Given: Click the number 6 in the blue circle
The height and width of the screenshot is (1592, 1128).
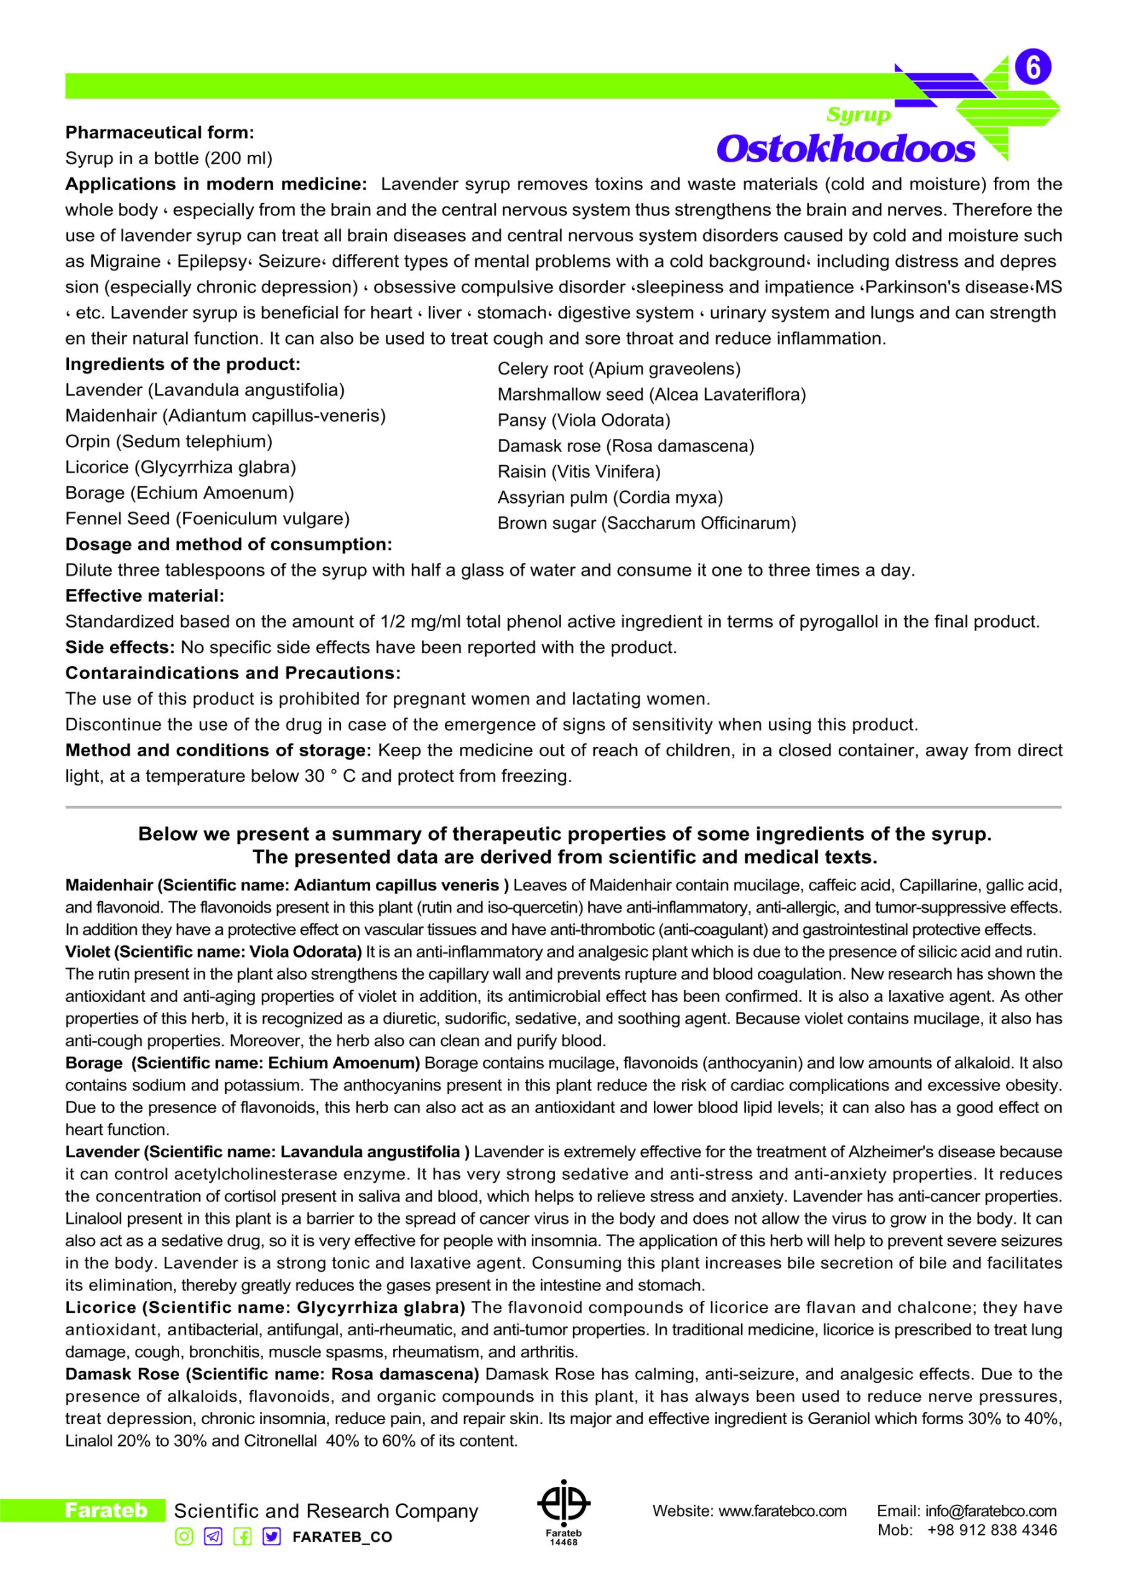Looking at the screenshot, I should click(x=1033, y=68).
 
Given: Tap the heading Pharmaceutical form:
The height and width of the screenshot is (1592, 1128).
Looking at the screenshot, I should click(x=160, y=132).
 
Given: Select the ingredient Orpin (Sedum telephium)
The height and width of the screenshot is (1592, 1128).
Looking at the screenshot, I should click(x=169, y=442).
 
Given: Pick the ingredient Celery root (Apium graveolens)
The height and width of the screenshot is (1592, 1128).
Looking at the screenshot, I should click(x=619, y=369).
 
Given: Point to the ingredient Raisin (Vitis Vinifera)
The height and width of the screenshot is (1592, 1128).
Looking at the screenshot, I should click(x=579, y=472).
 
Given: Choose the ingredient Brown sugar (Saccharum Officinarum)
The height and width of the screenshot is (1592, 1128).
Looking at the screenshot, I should click(x=646, y=524).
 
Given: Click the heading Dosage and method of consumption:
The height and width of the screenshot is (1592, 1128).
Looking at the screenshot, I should click(x=228, y=544).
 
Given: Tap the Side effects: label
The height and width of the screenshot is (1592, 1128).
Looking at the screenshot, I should click(x=120, y=647).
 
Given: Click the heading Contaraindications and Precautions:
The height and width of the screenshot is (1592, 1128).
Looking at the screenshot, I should click(x=233, y=673).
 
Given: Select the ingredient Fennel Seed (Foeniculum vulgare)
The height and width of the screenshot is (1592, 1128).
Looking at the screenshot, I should click(x=208, y=519).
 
